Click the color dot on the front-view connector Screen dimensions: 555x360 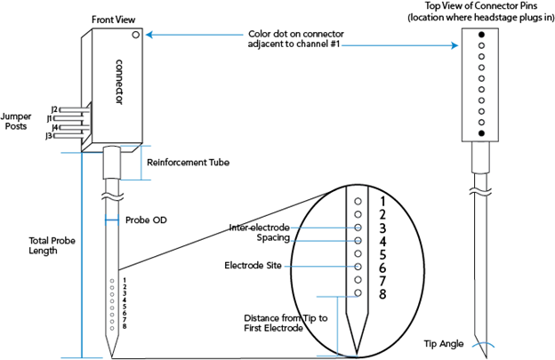[136, 35]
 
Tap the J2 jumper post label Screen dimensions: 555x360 [54, 109]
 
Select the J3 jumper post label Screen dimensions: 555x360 [49, 135]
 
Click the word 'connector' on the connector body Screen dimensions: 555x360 [119, 82]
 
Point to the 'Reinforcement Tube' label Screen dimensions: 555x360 [188, 163]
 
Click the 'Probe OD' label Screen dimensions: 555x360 [146, 220]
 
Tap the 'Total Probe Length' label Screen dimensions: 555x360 [52, 245]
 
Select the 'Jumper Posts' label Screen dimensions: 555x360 [16, 121]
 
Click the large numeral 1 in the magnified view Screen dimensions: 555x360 [382, 201]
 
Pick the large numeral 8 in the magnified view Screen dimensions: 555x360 [382, 294]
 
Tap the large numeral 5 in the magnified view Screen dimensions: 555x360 [382, 254]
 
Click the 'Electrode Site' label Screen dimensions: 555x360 [253, 265]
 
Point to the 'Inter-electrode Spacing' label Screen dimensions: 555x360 [260, 232]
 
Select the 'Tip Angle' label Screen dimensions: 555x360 [444, 344]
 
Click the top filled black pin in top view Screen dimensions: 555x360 [481, 35]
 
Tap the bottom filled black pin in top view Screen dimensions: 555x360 [481, 133]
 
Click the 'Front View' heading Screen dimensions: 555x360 [113, 20]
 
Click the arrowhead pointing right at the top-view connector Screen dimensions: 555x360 [455, 45]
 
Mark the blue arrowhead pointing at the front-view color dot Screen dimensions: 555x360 [149, 35]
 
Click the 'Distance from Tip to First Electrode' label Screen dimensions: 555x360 [286, 324]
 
